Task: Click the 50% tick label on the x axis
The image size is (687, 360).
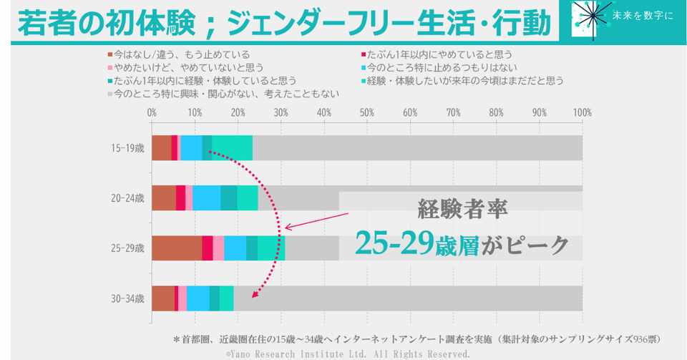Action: pyautogui.click(x=366, y=112)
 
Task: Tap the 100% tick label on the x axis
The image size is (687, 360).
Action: pyautogui.click(x=582, y=112)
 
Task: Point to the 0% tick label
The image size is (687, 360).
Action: pyautogui.click(x=152, y=112)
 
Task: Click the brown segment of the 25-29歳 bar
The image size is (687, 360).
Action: pyautogui.click(x=177, y=248)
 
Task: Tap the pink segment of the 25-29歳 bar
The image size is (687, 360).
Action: pyautogui.click(x=218, y=248)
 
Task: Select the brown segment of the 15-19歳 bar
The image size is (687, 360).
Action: pyautogui.click(x=161, y=148)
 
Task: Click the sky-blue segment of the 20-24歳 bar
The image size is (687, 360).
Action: pyautogui.click(x=206, y=198)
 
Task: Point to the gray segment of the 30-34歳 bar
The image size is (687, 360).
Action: pyautogui.click(x=408, y=298)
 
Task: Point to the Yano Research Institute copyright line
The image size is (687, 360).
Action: pyautogui.click(x=348, y=354)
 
